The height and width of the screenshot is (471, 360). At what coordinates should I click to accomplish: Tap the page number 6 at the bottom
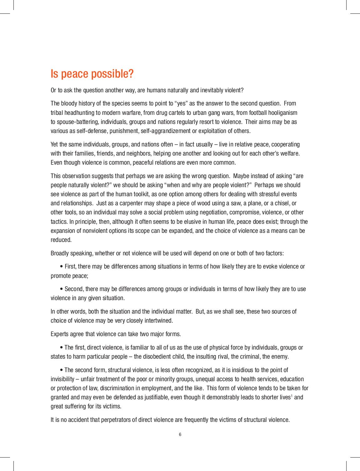point(180,434)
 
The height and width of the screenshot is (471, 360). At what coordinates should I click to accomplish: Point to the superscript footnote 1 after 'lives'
point(292,396)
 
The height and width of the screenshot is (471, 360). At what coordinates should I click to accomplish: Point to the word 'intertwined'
point(157,321)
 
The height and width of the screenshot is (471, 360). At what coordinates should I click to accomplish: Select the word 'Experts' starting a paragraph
point(59,334)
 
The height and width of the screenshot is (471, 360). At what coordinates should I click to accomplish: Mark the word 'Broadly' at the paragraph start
point(60,253)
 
